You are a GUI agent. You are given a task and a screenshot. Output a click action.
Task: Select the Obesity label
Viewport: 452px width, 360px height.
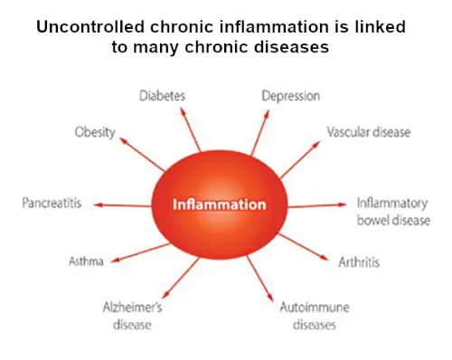coord(95,132)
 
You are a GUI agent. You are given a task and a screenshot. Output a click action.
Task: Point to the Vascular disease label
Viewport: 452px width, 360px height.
coord(368,132)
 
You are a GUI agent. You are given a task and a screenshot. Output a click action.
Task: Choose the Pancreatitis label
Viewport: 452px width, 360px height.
coord(52,204)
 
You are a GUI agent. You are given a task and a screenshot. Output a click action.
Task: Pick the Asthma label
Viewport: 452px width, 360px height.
coord(87,261)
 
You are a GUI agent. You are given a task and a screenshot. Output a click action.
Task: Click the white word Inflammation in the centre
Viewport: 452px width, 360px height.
coord(220,204)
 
